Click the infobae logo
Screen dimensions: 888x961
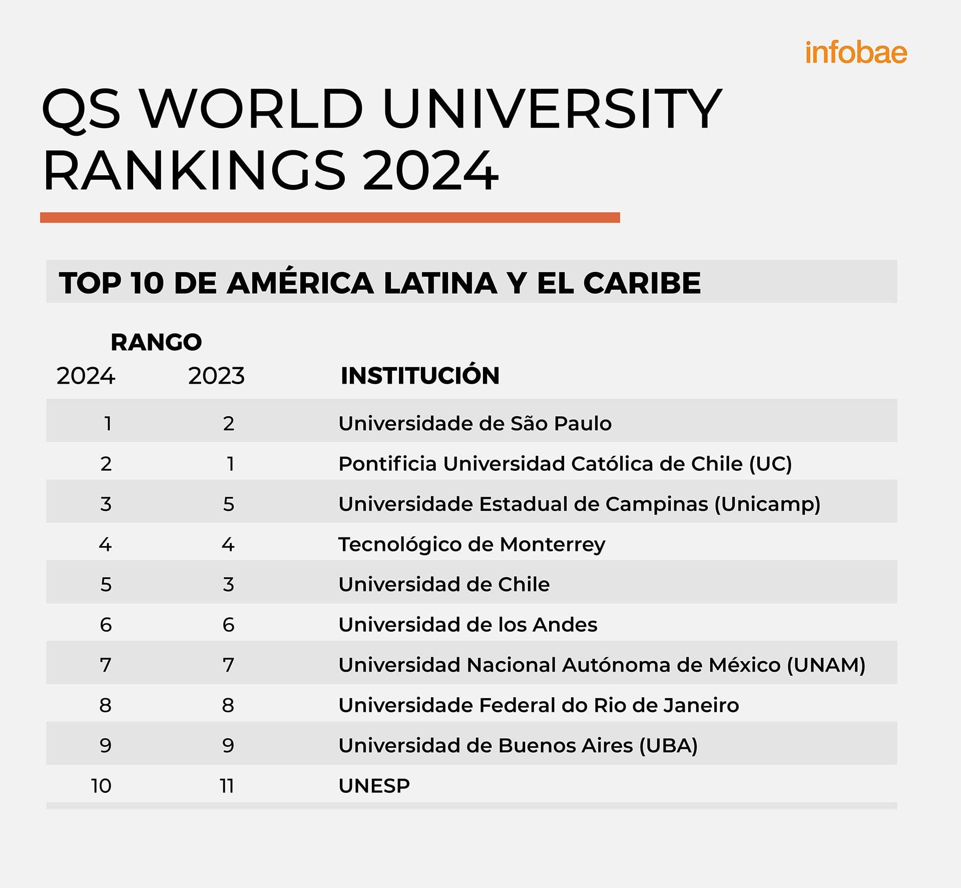pyautogui.click(x=856, y=53)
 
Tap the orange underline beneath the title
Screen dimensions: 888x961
pyautogui.click(x=330, y=217)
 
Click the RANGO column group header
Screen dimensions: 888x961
pyautogui.click(x=156, y=342)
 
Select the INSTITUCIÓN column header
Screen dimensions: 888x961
pyautogui.click(x=420, y=376)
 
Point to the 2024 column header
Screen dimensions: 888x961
pyautogui.click(x=86, y=376)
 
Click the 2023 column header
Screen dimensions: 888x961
pyautogui.click(x=216, y=376)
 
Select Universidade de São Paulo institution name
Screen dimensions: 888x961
pyautogui.click(x=474, y=424)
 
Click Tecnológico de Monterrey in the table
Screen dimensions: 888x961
pyautogui.click(x=471, y=544)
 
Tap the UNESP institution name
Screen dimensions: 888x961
pyautogui.click(x=374, y=786)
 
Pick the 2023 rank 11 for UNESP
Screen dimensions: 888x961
pyautogui.click(x=227, y=786)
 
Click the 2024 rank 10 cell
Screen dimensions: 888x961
pyautogui.click(x=101, y=786)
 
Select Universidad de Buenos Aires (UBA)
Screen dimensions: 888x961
pyautogui.click(x=518, y=746)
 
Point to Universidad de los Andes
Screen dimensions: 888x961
pyautogui.click(x=467, y=625)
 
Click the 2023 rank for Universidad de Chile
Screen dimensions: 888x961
pyautogui.click(x=228, y=584)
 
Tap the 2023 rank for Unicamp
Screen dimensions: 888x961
pyautogui.click(x=228, y=504)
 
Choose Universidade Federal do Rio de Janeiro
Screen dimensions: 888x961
pyautogui.click(x=539, y=705)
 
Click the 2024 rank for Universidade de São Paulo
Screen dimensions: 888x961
pyautogui.click(x=107, y=424)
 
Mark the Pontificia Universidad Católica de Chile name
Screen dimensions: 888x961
pyautogui.click(x=565, y=464)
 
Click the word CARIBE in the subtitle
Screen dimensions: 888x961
pyautogui.click(x=642, y=283)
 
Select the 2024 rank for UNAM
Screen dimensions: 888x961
pyautogui.click(x=106, y=665)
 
